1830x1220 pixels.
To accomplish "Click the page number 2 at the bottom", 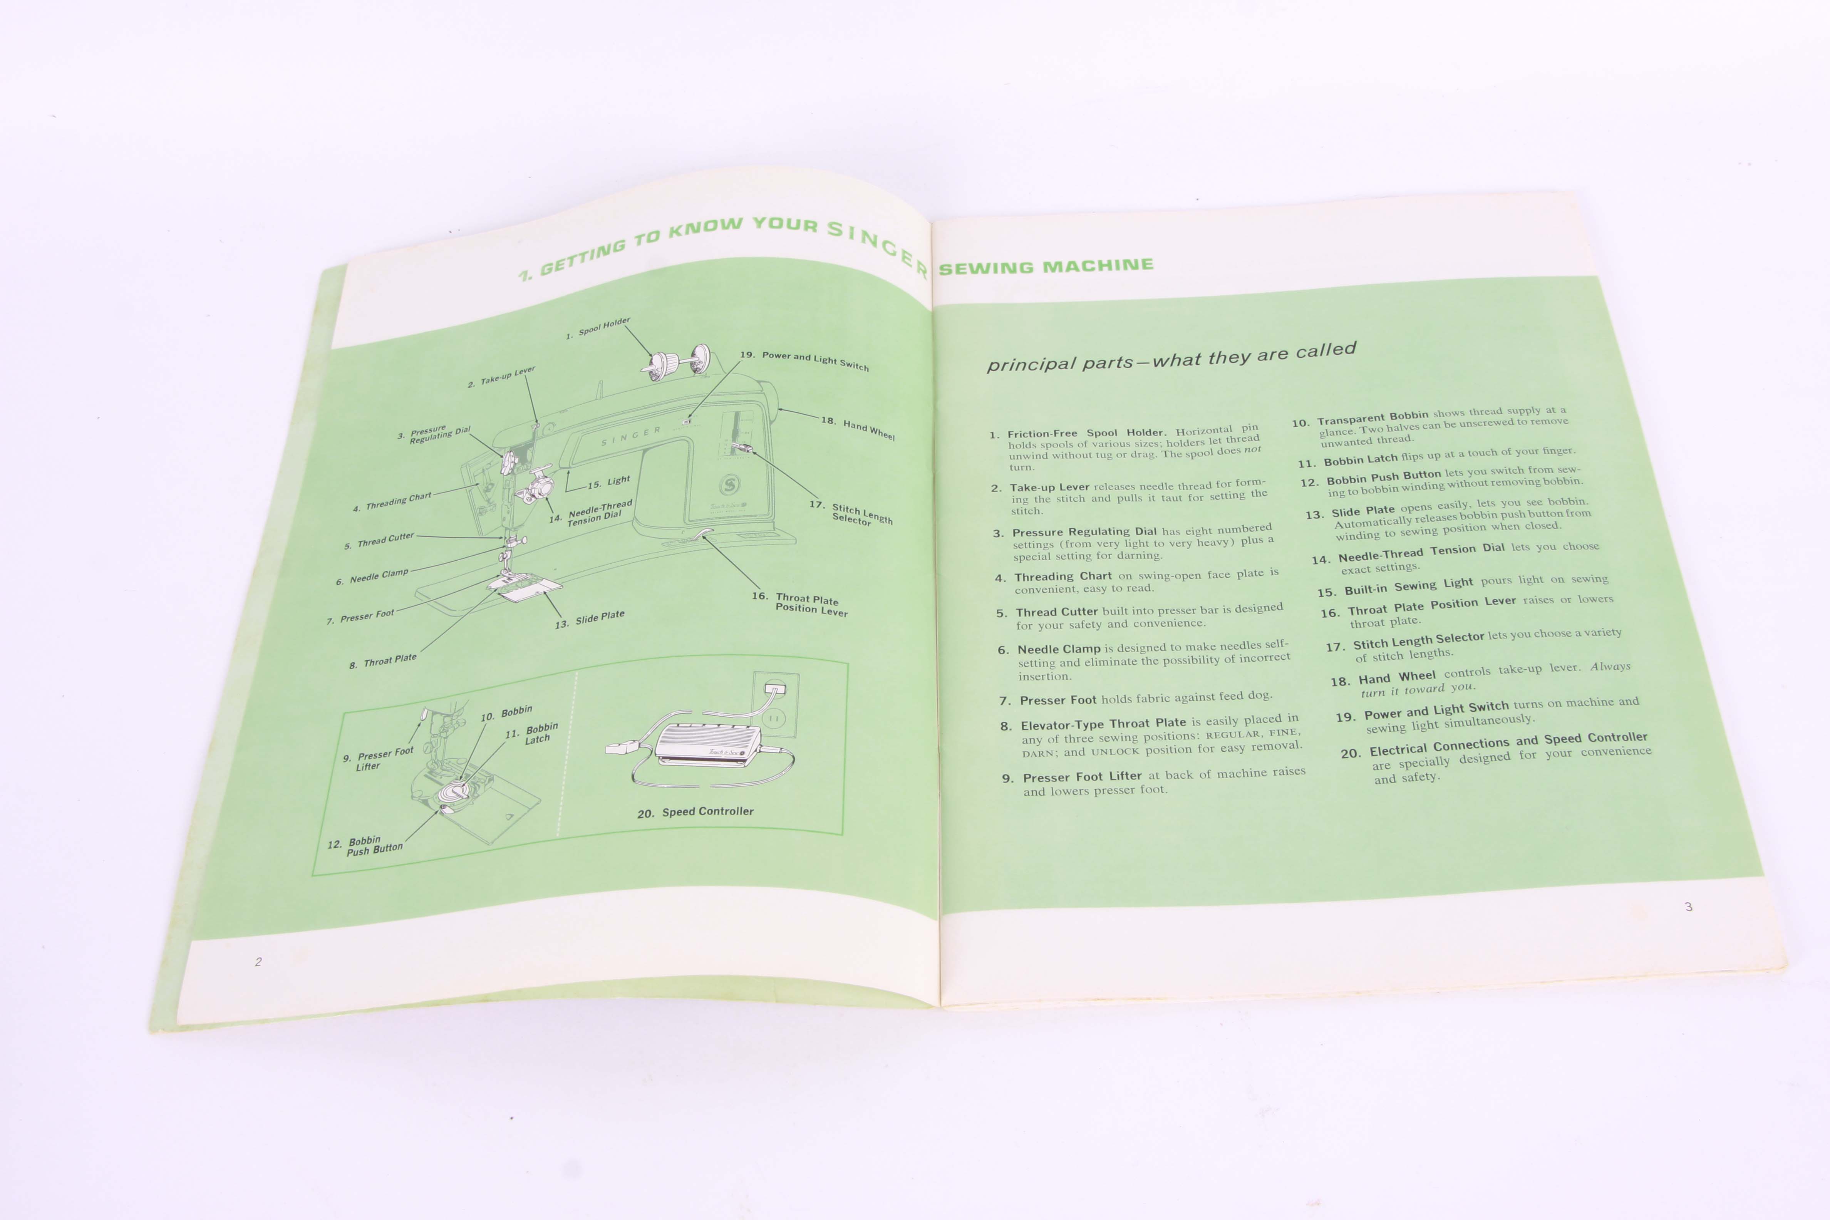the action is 258,962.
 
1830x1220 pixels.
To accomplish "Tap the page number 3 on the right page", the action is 1688,907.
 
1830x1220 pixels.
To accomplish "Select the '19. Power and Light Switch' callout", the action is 804,360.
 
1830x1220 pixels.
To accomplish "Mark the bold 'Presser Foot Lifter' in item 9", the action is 1082,776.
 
